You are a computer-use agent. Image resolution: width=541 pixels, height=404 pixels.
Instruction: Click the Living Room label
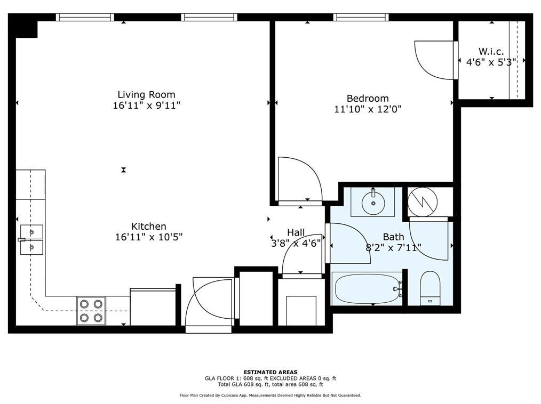146,95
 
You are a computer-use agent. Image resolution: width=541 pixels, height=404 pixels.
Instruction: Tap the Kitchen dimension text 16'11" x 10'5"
149,237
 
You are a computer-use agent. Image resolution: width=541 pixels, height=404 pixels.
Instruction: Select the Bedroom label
368,98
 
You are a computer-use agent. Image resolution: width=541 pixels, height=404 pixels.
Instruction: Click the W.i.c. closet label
490,52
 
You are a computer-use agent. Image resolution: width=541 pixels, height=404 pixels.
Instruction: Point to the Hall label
296,232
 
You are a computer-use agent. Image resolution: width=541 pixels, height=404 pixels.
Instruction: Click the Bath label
393,237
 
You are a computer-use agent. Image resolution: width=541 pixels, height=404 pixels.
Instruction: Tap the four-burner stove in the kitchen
91,311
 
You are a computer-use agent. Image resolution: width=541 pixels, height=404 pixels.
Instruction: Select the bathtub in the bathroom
367,288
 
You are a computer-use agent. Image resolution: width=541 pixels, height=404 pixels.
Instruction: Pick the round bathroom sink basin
372,203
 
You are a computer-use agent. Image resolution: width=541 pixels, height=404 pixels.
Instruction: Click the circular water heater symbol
422,201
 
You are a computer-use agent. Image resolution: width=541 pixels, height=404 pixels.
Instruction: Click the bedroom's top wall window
361,17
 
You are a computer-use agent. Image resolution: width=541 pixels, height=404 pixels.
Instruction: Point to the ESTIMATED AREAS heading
270,372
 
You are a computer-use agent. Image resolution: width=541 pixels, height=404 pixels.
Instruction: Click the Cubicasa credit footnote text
270,395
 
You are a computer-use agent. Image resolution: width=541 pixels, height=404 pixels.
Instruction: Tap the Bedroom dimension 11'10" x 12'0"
367,109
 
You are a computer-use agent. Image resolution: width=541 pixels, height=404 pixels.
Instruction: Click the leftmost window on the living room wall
85,17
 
